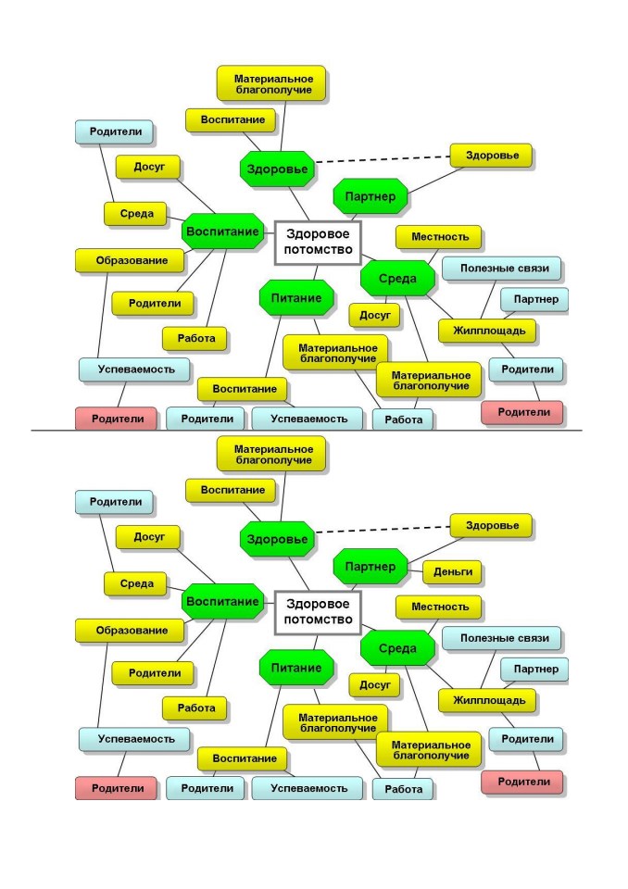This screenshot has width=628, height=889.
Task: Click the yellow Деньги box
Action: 452,571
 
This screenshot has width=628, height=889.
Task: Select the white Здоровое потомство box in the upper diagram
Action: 318,242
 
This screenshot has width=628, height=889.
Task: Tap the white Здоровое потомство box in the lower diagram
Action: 318,612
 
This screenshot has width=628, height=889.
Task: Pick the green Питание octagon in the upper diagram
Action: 296,297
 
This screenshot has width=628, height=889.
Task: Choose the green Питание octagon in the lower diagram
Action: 296,668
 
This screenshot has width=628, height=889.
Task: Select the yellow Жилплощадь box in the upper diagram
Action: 487,331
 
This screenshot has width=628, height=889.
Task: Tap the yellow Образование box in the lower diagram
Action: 130,631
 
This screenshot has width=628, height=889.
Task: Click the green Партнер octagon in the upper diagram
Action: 371,196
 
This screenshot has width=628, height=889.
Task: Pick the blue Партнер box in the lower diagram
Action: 534,669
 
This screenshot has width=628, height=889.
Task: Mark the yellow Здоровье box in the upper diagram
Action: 491,156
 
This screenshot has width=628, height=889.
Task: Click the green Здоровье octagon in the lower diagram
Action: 277,539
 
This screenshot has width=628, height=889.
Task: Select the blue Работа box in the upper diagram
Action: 403,419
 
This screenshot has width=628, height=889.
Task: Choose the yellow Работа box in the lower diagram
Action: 195,708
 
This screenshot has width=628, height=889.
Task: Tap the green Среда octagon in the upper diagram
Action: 397,279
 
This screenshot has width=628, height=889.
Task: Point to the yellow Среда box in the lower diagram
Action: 135,584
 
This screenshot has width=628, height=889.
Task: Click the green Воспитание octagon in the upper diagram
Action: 222,232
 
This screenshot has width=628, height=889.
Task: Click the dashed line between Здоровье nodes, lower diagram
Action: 383,530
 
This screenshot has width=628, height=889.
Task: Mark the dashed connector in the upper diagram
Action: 383,159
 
